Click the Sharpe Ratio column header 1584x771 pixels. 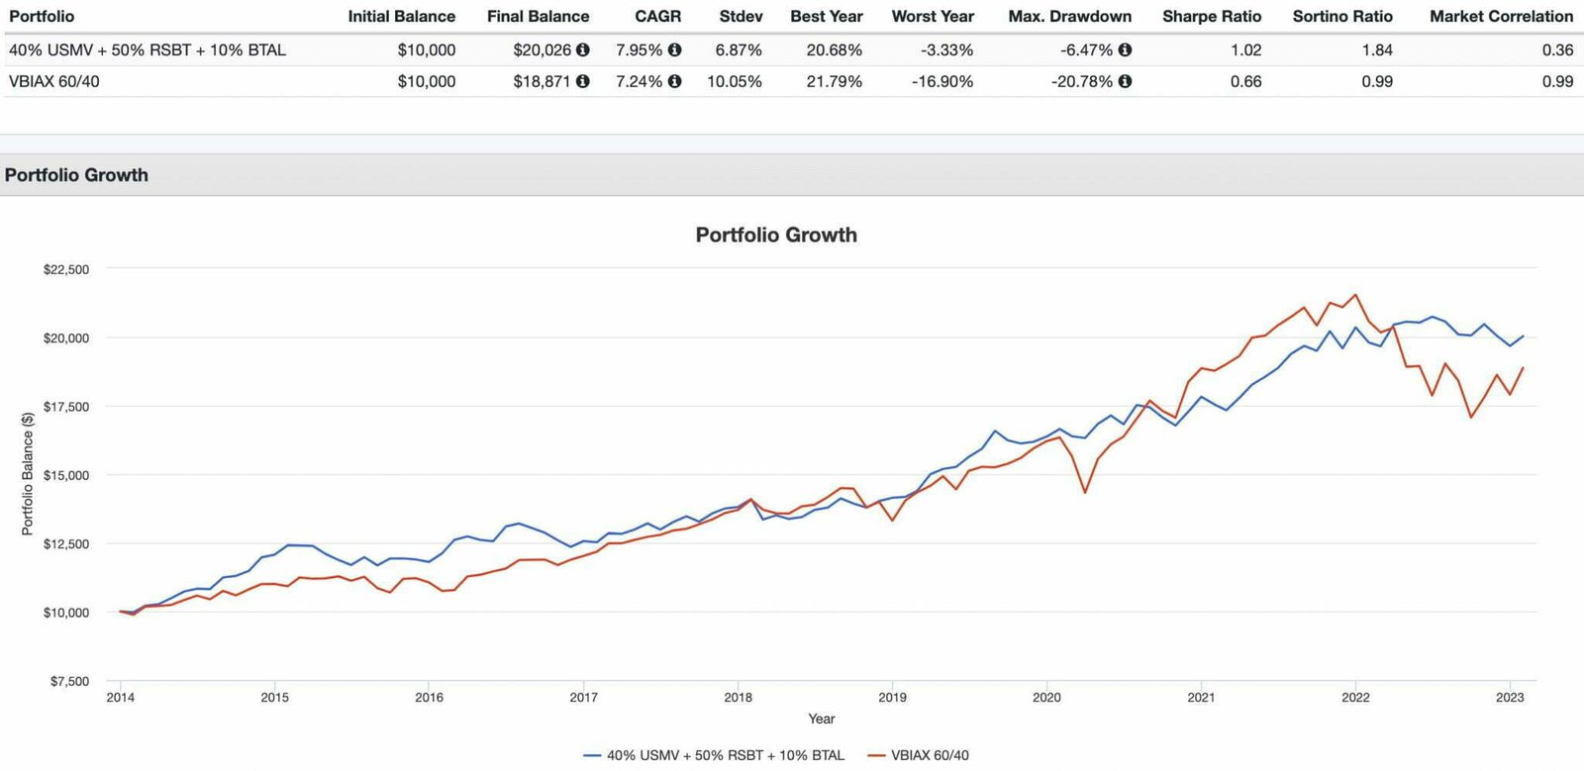pos(1212,16)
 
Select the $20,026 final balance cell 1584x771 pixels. pos(542,49)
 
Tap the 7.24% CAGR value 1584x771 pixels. pos(639,81)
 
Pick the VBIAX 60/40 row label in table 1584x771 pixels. pos(54,81)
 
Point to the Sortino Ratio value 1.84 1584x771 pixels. pos(1376,49)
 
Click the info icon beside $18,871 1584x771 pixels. pos(583,81)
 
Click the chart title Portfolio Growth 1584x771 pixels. pos(776,235)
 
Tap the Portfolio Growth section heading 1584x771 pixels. pos(76,175)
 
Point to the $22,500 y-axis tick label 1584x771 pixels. pos(66,269)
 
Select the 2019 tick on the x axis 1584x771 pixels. pos(892,697)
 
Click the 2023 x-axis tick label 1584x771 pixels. pos(1510,697)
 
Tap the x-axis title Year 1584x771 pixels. pos(821,719)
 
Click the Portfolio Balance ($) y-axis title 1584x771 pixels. pos(28,475)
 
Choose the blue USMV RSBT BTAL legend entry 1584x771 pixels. pos(714,755)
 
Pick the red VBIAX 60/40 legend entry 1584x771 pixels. pos(918,755)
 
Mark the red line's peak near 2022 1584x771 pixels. pos(1356,294)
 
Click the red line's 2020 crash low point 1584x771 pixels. pos(1085,492)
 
